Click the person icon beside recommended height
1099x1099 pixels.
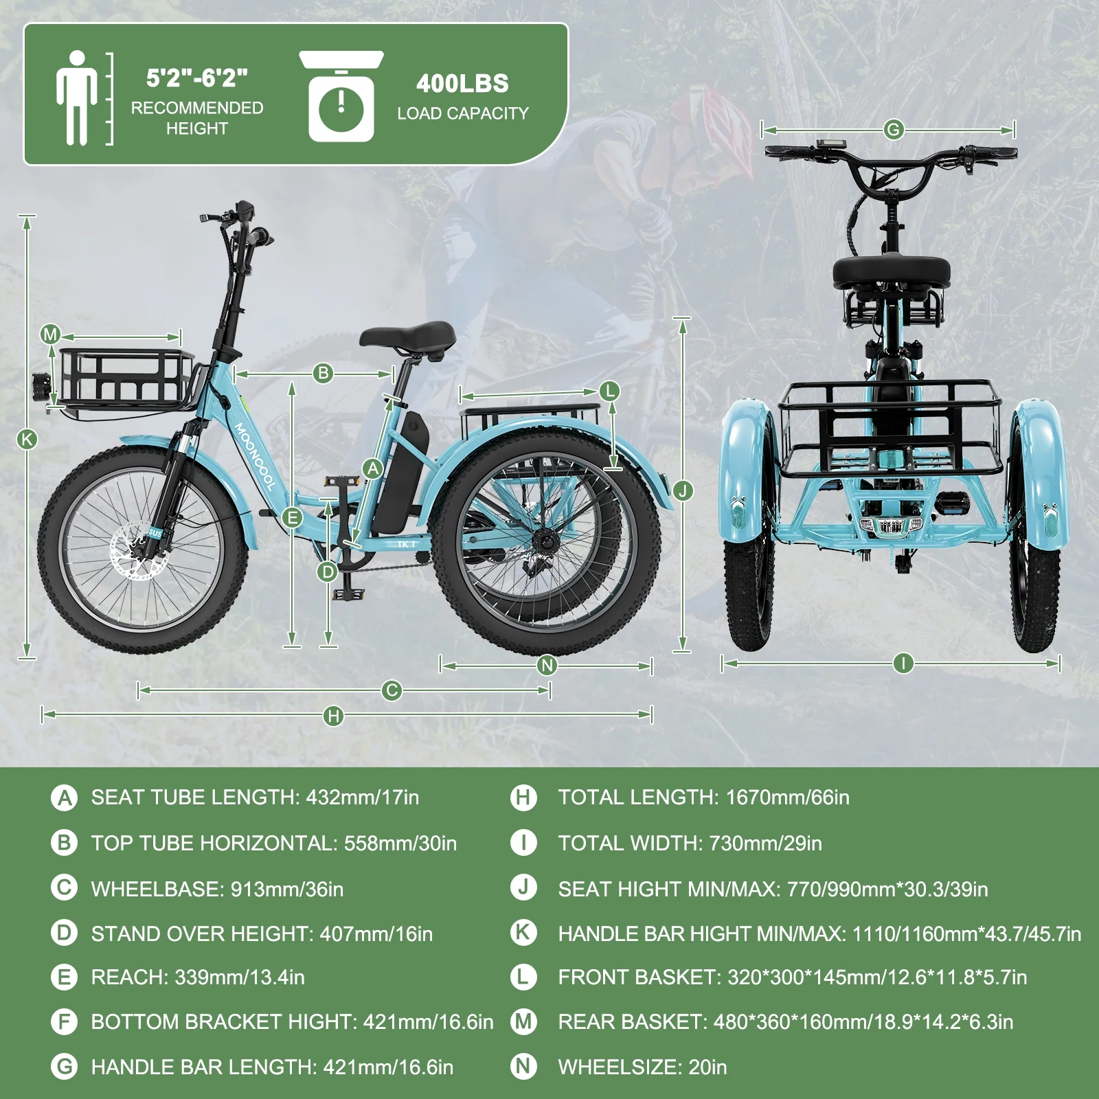point(76,98)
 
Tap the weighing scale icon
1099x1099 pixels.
point(341,97)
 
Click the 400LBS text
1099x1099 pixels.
point(462,84)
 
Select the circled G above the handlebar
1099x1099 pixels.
point(893,129)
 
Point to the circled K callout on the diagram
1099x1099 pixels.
point(27,439)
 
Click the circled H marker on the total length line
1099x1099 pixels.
point(334,716)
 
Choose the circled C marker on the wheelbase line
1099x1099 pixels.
point(392,690)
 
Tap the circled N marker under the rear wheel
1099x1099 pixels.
point(547,665)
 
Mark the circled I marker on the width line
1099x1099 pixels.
point(903,663)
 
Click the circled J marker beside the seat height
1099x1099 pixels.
point(683,490)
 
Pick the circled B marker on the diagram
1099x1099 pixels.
point(323,374)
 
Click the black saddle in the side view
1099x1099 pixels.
point(408,337)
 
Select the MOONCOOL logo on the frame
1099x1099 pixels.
point(255,455)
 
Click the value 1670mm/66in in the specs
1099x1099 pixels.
point(788,797)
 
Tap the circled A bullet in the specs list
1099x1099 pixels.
point(65,798)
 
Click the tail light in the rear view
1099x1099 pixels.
point(891,526)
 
